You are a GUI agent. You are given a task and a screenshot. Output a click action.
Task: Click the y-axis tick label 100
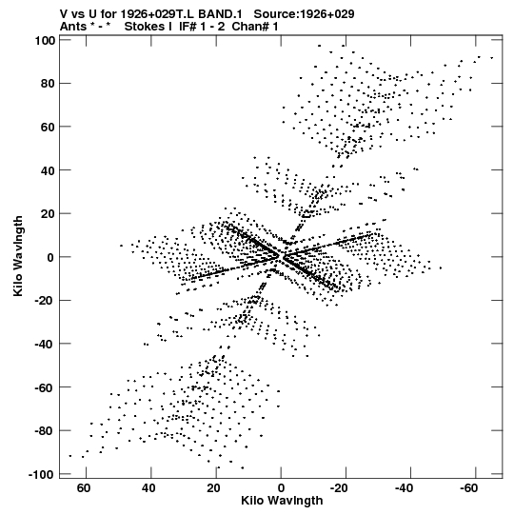[x=45, y=40]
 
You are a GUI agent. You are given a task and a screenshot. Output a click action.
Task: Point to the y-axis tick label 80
[x=48, y=84]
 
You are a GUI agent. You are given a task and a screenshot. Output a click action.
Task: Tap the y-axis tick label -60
[x=45, y=387]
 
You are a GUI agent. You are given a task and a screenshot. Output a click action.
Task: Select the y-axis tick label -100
[x=41, y=475]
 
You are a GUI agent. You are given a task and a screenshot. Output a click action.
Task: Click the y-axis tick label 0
[x=50, y=257]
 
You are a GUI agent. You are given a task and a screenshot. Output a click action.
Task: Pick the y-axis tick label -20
[x=45, y=301]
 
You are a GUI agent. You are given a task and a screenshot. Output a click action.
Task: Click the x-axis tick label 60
[x=84, y=488]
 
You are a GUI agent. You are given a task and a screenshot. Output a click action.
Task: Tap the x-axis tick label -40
[x=404, y=488]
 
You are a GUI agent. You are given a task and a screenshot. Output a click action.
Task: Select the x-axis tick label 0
[x=281, y=488]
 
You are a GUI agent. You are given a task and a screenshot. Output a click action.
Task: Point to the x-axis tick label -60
[x=468, y=488]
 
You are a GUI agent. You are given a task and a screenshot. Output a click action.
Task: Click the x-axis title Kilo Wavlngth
[x=282, y=501]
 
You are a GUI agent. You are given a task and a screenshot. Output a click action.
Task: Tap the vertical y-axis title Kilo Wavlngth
[x=18, y=256]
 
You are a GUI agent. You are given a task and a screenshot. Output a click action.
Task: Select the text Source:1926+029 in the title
[x=305, y=14]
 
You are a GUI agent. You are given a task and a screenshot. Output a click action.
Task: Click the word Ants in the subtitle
[x=73, y=27]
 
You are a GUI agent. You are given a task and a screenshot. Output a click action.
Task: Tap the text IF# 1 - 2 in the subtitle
[x=202, y=27]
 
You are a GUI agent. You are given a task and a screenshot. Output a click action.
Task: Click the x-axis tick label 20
[x=213, y=488]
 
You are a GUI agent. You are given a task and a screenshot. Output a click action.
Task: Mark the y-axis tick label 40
[x=48, y=170]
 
